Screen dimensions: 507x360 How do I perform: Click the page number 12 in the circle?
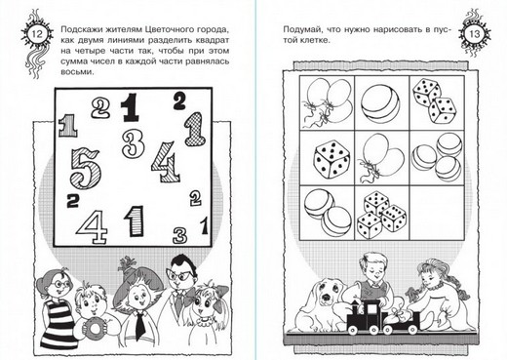[37, 34]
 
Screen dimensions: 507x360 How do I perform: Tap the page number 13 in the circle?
[475, 34]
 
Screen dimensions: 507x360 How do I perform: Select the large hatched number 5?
[86, 168]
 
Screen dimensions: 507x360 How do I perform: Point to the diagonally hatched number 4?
[166, 162]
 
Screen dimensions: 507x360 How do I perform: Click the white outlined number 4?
[92, 226]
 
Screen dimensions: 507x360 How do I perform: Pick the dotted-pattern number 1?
[195, 129]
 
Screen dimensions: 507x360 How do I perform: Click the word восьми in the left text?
[76, 72]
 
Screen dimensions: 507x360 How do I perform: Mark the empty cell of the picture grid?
[436, 213]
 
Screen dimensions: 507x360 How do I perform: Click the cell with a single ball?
[381, 102]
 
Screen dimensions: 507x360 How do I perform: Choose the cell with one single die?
[327, 158]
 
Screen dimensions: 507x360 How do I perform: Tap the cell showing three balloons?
[327, 102]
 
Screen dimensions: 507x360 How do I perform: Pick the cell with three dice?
[381, 213]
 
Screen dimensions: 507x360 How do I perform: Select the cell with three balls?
[436, 158]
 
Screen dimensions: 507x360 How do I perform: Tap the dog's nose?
[326, 298]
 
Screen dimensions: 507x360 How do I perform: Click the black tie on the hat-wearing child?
[140, 325]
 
